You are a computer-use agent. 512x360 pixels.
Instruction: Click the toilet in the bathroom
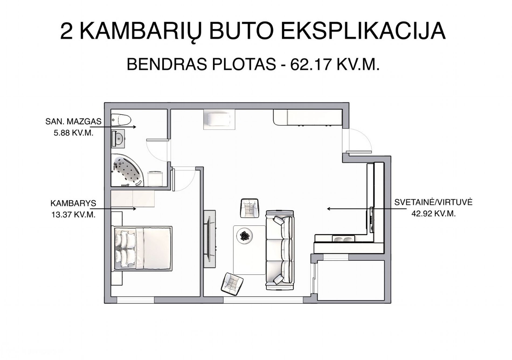click(x=121, y=120)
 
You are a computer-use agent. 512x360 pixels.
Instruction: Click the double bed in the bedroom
click(x=142, y=248)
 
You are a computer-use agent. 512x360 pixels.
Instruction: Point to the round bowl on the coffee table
click(x=245, y=236)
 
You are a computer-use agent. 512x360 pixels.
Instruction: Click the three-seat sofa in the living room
click(x=280, y=250)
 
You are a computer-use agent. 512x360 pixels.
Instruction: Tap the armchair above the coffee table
click(x=250, y=208)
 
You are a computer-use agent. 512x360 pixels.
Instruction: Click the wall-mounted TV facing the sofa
click(x=209, y=239)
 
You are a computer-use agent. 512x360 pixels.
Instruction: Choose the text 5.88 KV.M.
click(x=74, y=133)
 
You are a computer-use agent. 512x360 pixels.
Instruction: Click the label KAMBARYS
click(x=73, y=203)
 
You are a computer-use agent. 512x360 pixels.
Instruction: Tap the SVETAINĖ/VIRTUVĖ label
click(x=433, y=202)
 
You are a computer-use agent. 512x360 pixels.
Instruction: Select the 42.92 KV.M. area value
click(x=434, y=214)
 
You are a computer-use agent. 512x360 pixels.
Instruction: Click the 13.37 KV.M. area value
click(x=73, y=215)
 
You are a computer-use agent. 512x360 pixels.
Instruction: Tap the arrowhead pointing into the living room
click(x=329, y=208)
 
